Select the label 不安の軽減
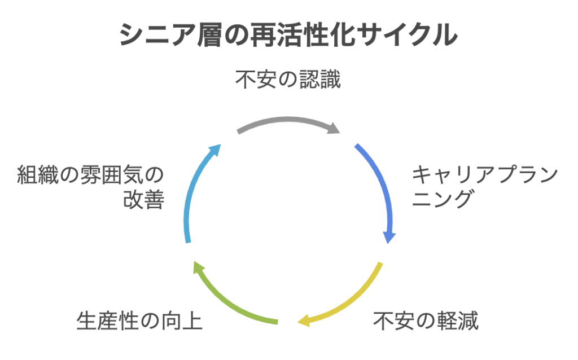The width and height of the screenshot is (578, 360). [x=426, y=322]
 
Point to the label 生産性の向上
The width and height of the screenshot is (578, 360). [x=139, y=322]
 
